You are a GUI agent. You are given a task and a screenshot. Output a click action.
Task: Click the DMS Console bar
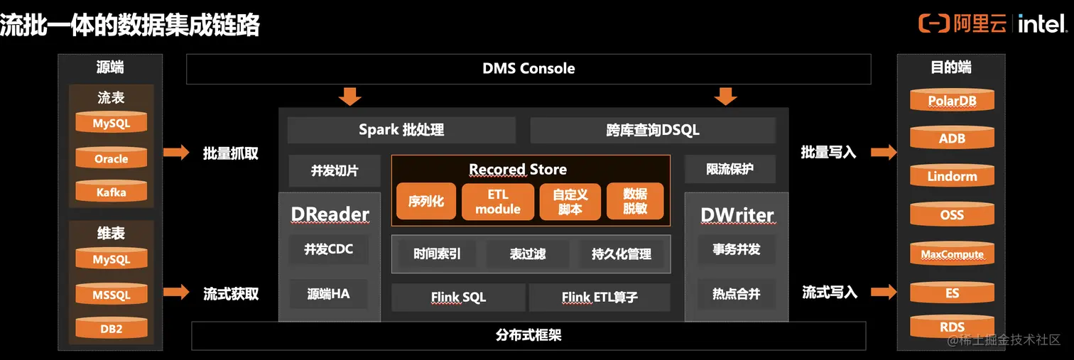(528, 69)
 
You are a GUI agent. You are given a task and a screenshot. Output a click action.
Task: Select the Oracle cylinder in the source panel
(111, 158)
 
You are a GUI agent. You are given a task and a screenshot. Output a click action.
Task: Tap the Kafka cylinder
(111, 192)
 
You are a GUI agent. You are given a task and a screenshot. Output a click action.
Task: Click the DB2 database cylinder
(111, 328)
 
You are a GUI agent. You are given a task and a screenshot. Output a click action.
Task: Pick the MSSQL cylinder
(111, 294)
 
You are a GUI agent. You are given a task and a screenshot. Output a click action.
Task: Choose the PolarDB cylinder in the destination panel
(952, 100)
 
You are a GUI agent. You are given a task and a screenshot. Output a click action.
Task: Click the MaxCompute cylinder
(952, 253)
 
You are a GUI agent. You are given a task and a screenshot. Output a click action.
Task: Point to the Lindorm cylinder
(952, 176)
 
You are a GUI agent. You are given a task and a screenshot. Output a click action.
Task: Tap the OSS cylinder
(952, 214)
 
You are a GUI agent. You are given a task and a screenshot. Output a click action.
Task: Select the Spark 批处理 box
(401, 130)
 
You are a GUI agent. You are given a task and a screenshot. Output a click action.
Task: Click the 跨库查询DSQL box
(653, 130)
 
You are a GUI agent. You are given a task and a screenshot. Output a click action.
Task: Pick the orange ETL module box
(497, 201)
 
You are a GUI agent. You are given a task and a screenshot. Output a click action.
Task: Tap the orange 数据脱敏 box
(635, 201)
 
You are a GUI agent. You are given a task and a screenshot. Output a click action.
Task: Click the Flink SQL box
(458, 297)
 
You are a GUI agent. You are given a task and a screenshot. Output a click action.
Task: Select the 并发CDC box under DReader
(328, 249)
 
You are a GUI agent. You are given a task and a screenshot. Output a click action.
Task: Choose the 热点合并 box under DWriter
(736, 293)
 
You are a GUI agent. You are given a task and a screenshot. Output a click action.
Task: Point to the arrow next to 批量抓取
(176, 152)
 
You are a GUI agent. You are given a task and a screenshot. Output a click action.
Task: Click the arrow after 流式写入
(884, 292)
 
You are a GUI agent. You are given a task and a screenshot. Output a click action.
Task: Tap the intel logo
(1042, 24)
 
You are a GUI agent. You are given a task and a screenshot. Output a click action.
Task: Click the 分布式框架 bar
(528, 335)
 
